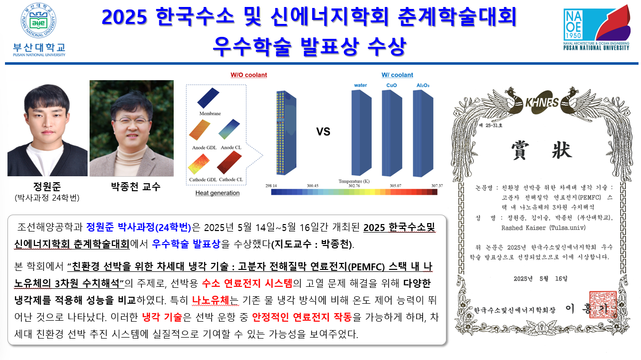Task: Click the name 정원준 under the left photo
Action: pos(47,187)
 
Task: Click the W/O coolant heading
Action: pos(248,75)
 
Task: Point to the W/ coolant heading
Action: pos(397,75)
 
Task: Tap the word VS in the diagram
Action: pos(323,132)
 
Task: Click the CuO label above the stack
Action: pos(392,86)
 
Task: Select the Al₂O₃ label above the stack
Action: pos(423,86)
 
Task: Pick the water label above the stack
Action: pos(360,86)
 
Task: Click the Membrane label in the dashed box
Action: pos(210,114)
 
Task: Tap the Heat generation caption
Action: pos(217,193)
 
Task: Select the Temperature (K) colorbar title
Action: pos(354,181)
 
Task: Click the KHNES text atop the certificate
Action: pos(541,103)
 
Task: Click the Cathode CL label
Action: pos(230,179)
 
